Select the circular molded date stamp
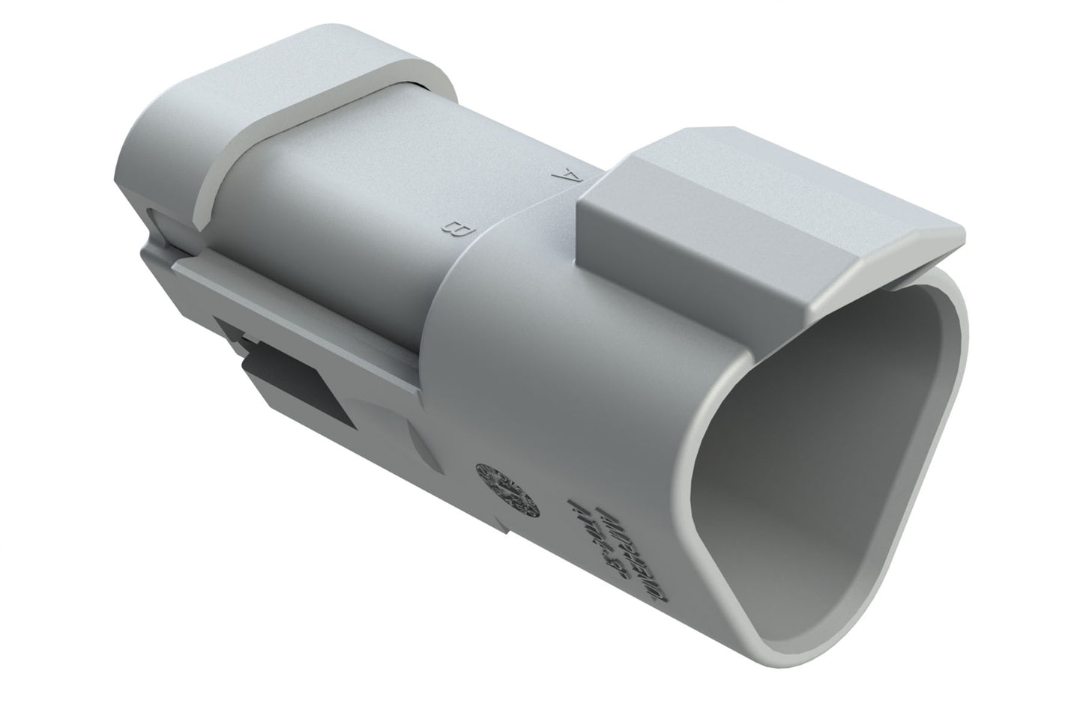(508, 490)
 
